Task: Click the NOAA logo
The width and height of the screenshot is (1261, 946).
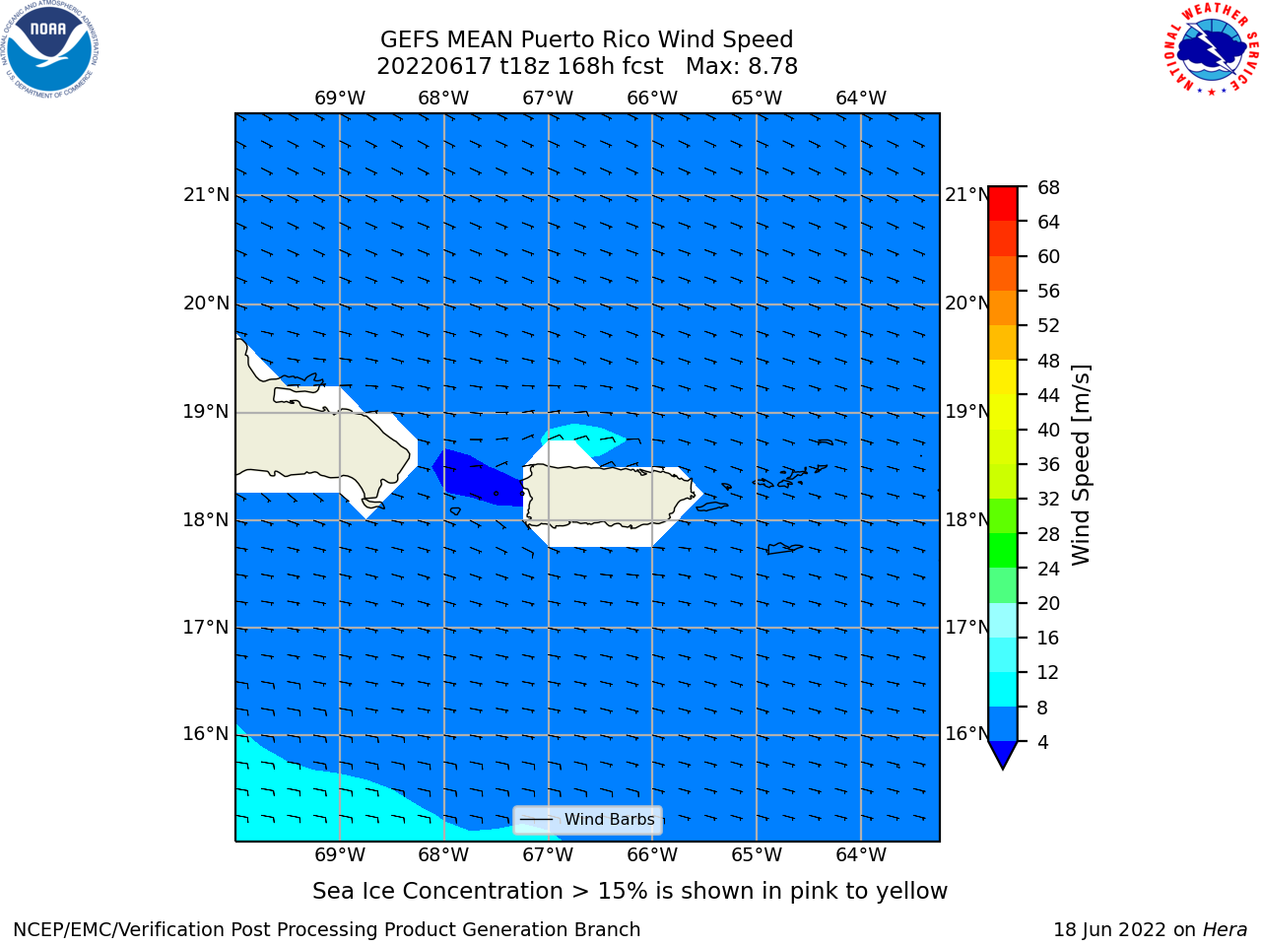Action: pos(49,49)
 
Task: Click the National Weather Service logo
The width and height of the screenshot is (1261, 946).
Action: pos(1211,48)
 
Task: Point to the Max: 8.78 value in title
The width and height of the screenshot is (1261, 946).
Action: pos(742,67)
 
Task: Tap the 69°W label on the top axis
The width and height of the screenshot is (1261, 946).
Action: pos(340,99)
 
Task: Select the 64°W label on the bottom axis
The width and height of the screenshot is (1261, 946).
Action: pos(861,855)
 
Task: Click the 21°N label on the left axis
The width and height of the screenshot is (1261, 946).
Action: pos(206,195)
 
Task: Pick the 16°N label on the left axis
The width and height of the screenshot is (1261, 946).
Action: pos(206,734)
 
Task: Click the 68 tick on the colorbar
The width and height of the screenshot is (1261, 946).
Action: pos(1048,188)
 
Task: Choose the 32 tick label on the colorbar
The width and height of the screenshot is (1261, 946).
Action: pos(1048,500)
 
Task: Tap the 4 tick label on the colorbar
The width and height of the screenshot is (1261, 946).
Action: pos(1042,743)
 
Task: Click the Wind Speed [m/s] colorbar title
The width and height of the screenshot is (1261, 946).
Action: pos(1081,465)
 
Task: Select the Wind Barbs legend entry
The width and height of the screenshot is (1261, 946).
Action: pos(587,820)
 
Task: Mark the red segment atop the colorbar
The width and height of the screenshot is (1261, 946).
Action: pos(1003,203)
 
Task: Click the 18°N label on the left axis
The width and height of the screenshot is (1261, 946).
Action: pos(206,520)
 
